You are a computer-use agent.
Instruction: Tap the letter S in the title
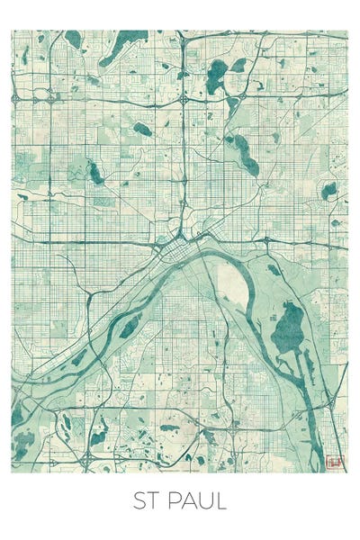(140, 500)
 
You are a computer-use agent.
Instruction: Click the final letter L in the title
(221, 500)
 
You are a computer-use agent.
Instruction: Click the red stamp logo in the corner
(335, 460)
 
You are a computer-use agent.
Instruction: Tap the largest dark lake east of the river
(288, 328)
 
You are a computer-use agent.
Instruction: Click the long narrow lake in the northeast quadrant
(243, 153)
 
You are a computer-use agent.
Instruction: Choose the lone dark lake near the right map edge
(329, 191)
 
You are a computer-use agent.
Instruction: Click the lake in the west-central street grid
(94, 172)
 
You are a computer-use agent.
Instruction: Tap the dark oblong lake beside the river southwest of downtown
(130, 326)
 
